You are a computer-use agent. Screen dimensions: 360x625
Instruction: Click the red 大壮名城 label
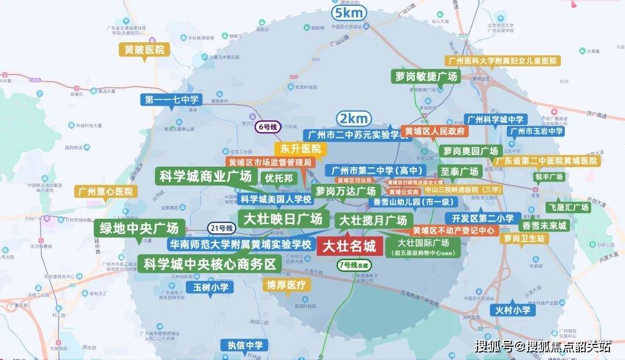point(348,247)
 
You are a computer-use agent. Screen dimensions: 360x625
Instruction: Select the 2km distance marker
point(354,119)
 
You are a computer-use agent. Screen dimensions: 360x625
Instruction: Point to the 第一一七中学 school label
point(172,100)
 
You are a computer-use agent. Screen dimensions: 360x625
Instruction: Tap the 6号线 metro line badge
point(269,126)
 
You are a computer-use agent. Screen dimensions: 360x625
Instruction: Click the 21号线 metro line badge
point(221,229)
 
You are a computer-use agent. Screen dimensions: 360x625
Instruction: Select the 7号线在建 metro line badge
point(354,265)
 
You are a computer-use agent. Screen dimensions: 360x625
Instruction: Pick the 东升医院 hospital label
point(296,149)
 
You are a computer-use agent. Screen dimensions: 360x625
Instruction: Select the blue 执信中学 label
point(245,346)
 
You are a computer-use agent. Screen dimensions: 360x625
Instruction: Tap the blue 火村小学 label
point(513,310)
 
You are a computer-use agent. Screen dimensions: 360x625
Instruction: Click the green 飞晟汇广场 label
point(568,207)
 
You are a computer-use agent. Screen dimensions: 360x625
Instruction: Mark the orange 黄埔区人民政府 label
point(435,131)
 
